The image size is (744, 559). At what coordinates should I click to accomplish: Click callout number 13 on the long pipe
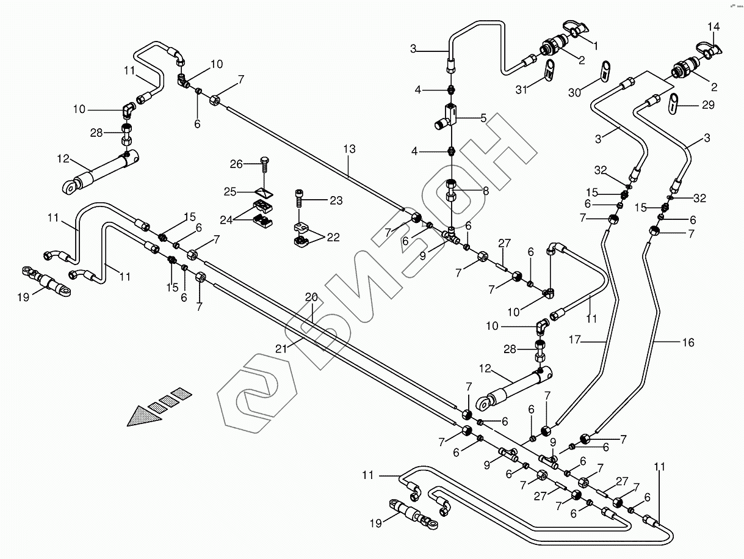point(349,149)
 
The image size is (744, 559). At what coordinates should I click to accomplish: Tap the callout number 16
point(688,343)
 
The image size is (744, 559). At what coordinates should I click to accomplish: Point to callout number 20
point(312,298)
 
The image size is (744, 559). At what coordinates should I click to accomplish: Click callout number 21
point(280,349)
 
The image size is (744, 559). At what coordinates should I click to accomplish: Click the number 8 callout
point(486,191)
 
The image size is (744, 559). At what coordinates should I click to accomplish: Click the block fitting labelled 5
point(450,114)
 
